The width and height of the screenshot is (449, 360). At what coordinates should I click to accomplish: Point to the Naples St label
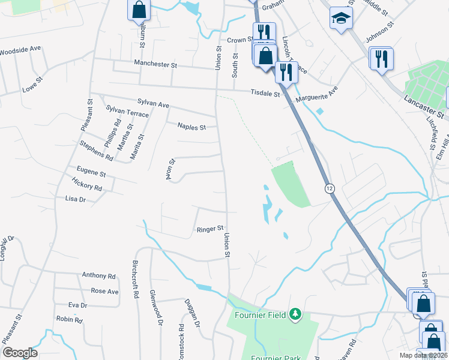tap(191, 127)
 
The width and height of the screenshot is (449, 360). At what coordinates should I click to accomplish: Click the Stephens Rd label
tap(97, 150)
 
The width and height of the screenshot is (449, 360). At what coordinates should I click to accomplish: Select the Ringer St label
tap(210, 229)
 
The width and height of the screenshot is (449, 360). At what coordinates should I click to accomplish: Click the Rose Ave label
tap(104, 291)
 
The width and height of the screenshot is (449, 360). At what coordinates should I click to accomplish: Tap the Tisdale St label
tap(265, 94)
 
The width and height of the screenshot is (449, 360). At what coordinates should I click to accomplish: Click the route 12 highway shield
tap(330, 188)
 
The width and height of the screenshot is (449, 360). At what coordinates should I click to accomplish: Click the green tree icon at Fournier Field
tap(295, 313)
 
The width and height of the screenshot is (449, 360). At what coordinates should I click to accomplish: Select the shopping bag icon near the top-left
tap(139, 8)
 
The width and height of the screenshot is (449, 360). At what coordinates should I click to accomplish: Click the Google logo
tap(20, 352)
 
